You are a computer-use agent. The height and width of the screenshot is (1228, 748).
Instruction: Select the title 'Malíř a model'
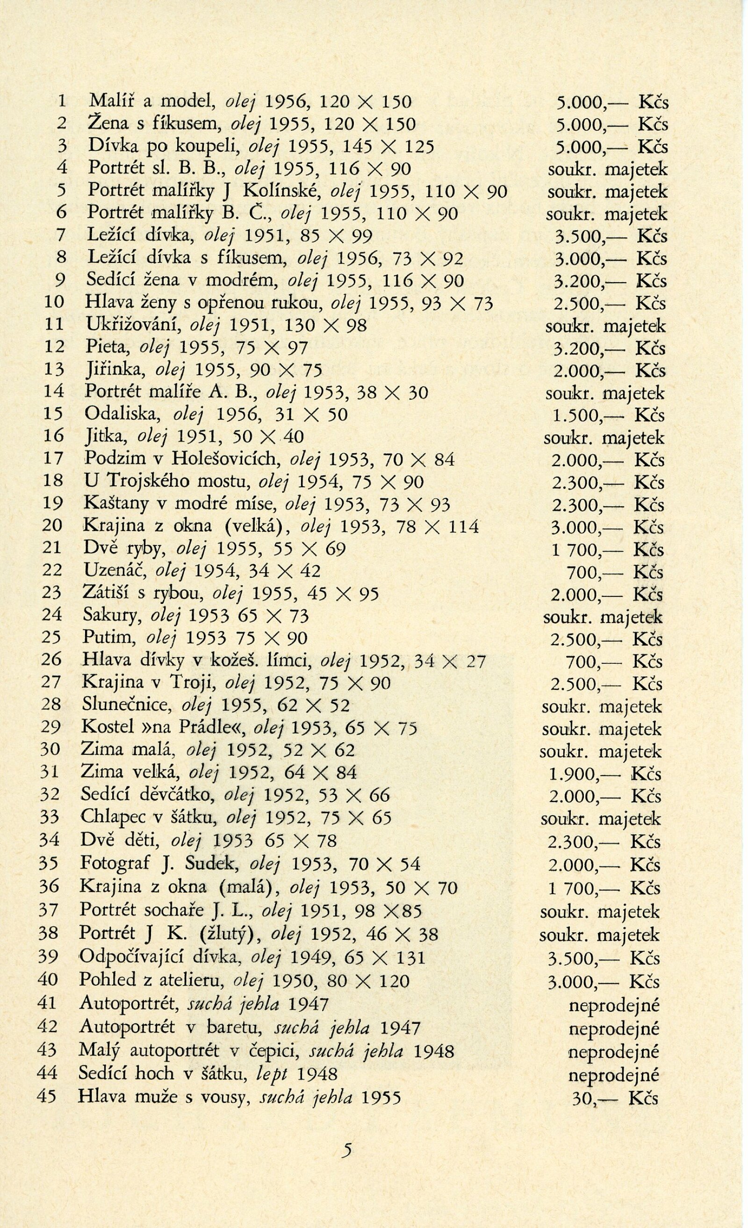(x=150, y=102)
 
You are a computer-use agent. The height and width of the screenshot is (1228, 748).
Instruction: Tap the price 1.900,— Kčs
(x=605, y=774)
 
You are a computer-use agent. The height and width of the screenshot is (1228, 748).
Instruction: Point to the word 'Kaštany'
(x=117, y=504)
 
